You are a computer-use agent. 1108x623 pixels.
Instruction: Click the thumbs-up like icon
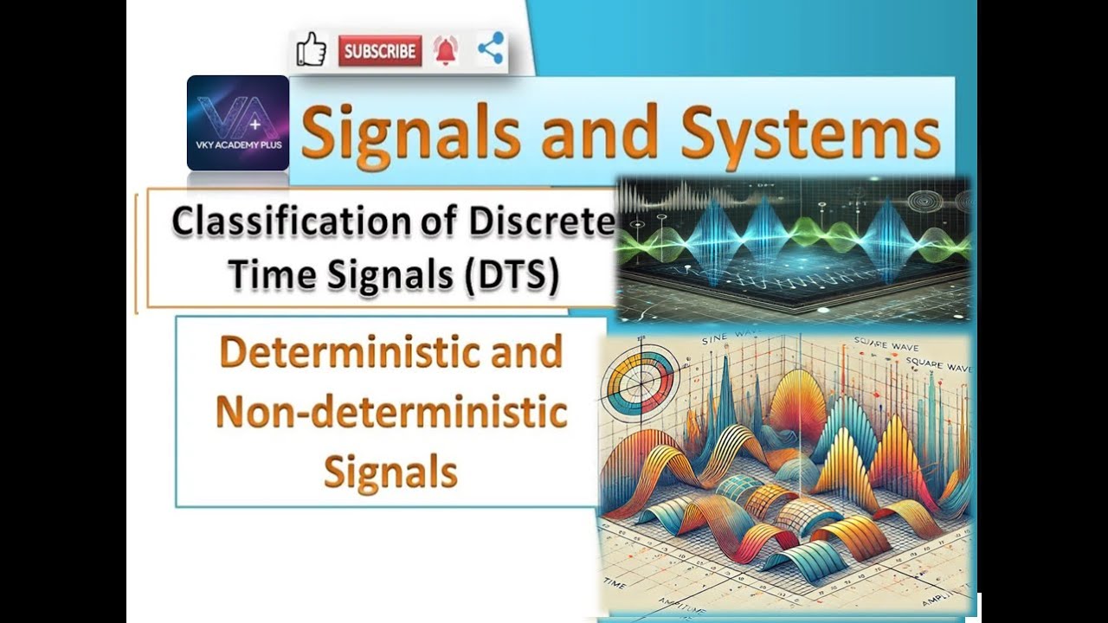point(311,50)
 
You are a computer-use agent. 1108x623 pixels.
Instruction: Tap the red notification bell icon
point(447,51)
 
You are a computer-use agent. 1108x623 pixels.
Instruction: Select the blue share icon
point(490,49)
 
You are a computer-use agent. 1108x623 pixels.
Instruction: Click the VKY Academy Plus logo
point(238,122)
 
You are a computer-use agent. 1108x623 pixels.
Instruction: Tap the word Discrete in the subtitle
point(542,221)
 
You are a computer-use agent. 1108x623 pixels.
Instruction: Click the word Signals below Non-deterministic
point(391,472)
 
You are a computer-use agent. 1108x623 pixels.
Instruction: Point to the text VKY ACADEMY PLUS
point(238,158)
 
